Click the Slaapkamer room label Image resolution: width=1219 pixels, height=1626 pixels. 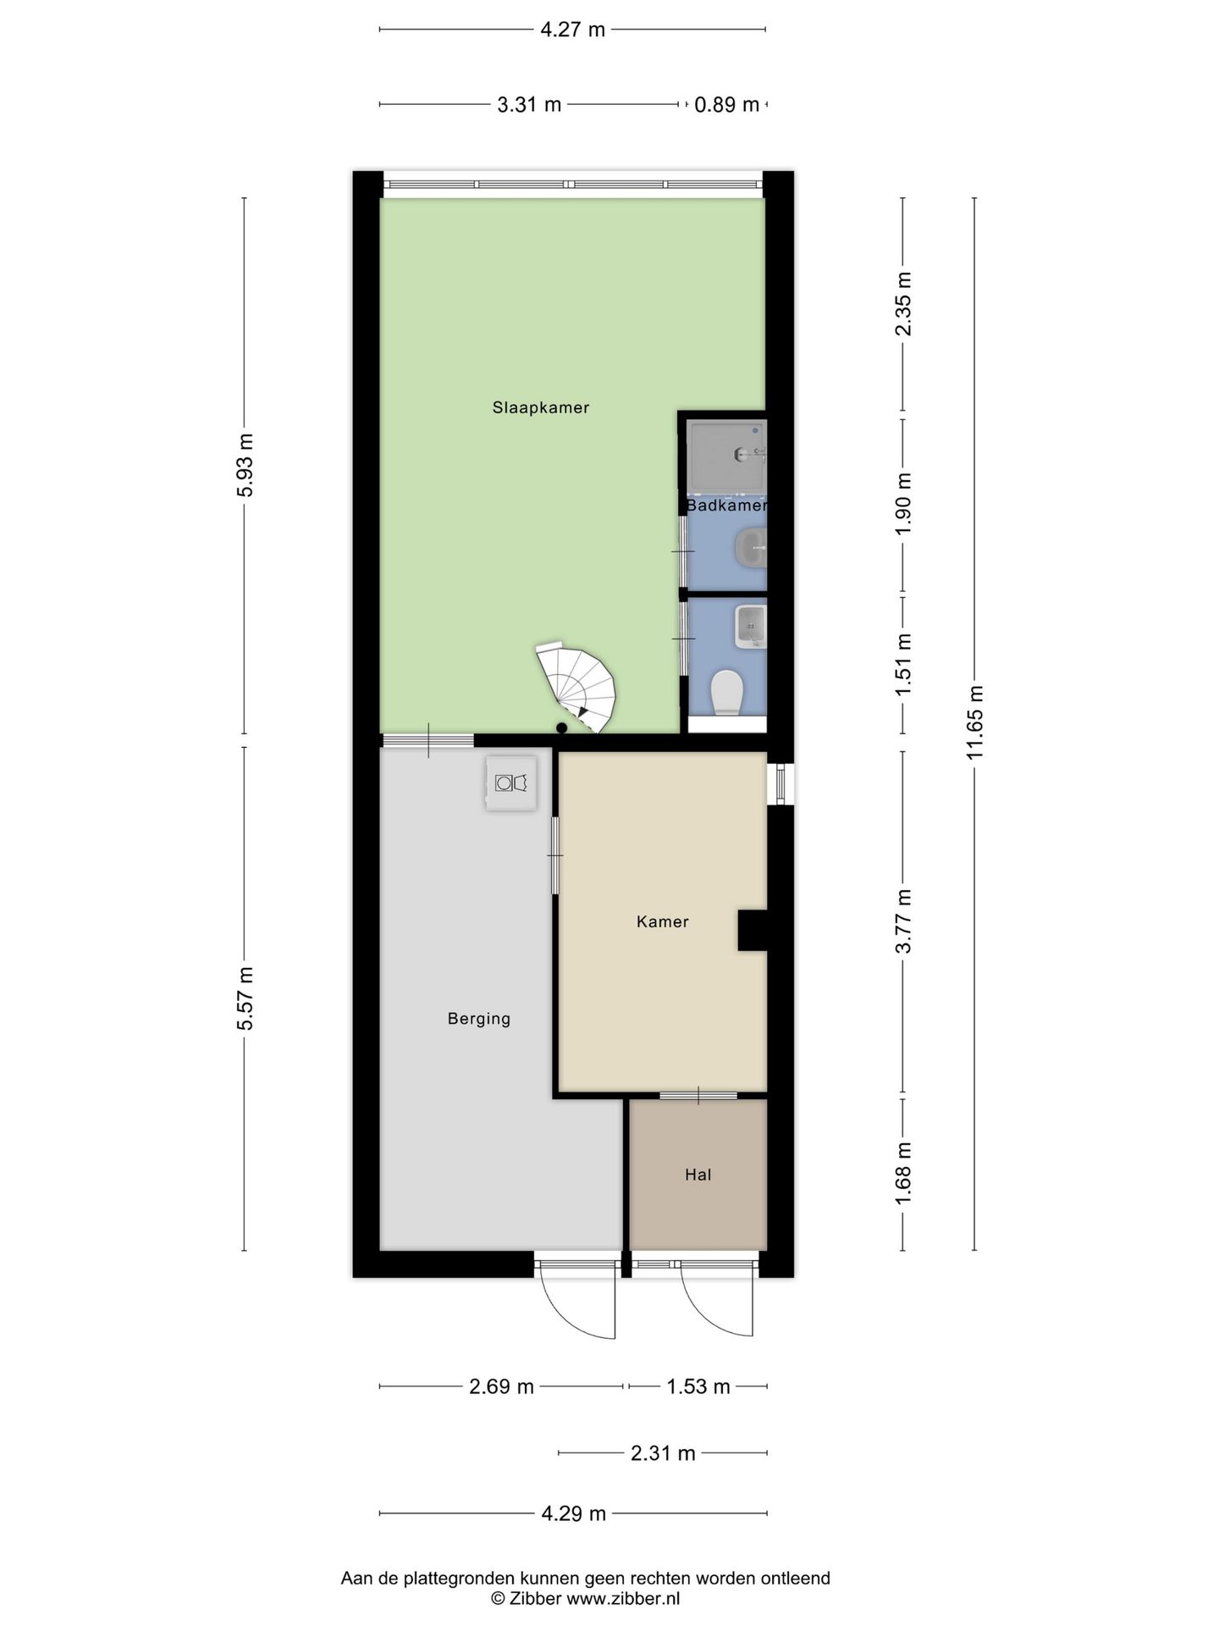click(540, 407)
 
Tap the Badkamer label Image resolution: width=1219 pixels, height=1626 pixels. click(726, 506)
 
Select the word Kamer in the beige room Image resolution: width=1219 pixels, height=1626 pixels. click(662, 921)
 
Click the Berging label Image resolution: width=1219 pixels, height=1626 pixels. click(479, 1019)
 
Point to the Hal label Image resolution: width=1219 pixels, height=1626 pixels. click(698, 1175)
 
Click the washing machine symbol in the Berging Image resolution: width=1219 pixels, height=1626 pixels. click(511, 783)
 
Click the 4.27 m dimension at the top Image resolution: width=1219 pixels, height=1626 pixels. click(572, 30)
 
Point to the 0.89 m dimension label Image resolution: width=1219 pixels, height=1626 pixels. click(726, 105)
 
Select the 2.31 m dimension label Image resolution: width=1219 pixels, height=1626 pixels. click(663, 1453)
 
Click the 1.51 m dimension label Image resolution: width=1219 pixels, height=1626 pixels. click(903, 665)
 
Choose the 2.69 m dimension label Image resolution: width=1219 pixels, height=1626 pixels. click(501, 1386)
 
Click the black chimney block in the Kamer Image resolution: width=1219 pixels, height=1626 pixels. click(752, 930)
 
